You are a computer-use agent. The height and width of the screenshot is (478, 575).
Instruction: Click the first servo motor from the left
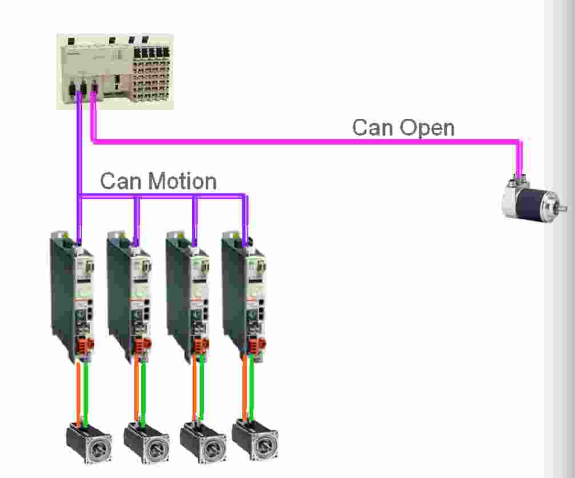point(89,444)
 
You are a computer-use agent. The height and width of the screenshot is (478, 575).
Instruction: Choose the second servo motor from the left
point(146,444)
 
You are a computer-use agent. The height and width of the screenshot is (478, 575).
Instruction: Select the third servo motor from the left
point(202,444)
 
